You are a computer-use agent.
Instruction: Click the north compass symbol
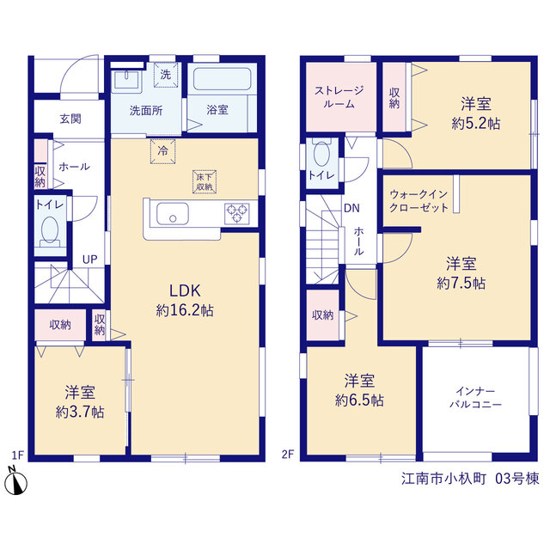[x=15, y=481]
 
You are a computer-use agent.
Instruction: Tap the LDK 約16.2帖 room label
[x=185, y=301]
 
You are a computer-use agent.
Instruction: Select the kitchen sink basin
[x=172, y=214]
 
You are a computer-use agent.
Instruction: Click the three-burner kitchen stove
[x=237, y=213]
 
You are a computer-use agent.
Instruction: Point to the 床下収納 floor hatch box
[x=205, y=181]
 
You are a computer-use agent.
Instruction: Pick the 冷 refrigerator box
[x=162, y=151]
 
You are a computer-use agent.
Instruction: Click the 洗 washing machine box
[x=166, y=75]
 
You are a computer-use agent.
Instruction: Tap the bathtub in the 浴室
[x=222, y=79]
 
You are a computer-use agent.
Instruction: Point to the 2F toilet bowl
[x=321, y=153]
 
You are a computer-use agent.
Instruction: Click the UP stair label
[x=89, y=260]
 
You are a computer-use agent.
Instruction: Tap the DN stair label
[x=351, y=208]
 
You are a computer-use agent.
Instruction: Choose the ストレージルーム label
[x=339, y=97]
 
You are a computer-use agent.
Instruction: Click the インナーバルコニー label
[x=475, y=398]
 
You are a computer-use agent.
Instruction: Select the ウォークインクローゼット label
[x=419, y=200]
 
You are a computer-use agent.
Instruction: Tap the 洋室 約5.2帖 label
[x=476, y=113]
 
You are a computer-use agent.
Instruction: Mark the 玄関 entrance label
[x=70, y=119]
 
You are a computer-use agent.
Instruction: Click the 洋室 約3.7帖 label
[x=80, y=402]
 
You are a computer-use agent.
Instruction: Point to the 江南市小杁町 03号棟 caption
[x=470, y=479]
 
